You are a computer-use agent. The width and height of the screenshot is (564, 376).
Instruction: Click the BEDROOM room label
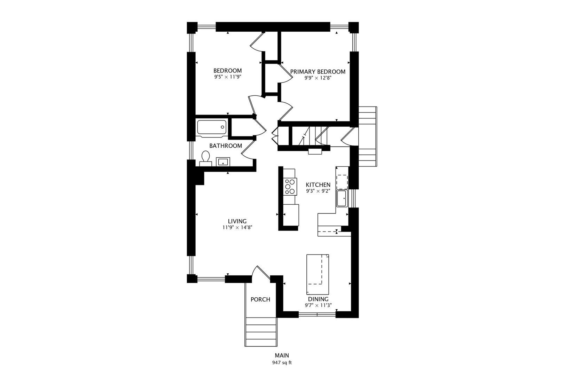(x=227, y=71)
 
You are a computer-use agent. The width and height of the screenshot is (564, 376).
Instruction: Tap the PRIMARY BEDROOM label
(x=318, y=72)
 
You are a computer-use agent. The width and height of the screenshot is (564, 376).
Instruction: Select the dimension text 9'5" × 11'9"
(x=228, y=77)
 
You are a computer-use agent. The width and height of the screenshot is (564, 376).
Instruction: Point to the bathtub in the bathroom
(x=212, y=127)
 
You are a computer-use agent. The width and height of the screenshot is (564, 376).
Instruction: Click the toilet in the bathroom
(x=206, y=158)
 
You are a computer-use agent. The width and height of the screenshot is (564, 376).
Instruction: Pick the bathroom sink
(x=223, y=162)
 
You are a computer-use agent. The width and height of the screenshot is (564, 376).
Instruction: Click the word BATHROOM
(x=226, y=146)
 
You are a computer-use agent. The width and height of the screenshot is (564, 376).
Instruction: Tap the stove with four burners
(x=290, y=187)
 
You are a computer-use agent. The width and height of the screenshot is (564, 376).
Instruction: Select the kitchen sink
(x=342, y=198)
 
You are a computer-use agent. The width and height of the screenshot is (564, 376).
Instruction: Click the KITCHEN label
(x=318, y=185)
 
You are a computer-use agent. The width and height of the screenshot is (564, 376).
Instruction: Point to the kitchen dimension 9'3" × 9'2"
(x=318, y=191)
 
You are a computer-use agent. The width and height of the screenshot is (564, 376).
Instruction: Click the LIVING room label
(x=237, y=221)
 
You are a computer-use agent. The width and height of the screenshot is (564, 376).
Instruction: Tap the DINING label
(x=318, y=299)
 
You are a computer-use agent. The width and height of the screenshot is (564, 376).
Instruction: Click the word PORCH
(x=260, y=299)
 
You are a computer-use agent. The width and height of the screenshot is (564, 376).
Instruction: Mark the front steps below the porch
(x=261, y=332)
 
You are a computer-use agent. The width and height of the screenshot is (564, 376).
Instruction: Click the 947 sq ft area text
(x=282, y=363)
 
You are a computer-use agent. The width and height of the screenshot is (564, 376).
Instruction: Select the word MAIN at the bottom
(x=282, y=355)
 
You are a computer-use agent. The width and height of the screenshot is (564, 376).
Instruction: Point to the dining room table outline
(x=318, y=274)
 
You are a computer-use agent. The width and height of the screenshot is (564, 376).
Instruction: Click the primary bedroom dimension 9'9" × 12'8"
(x=318, y=78)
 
